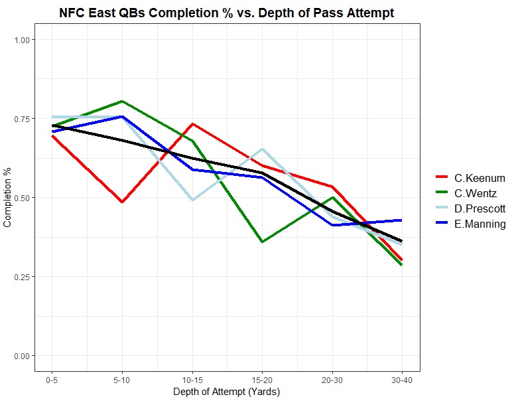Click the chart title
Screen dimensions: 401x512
tap(226, 13)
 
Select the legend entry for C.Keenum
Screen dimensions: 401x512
tap(480, 178)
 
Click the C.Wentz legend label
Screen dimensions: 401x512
tap(475, 193)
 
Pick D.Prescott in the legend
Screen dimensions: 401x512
tap(480, 208)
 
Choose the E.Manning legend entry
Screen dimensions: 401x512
tap(480, 224)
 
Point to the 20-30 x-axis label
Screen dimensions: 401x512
tap(332, 379)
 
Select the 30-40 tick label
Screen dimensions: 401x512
tap(402, 379)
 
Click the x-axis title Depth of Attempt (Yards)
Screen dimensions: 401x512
tap(227, 392)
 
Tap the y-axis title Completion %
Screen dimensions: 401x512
tap(8, 198)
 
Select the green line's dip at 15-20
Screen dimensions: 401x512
tap(262, 242)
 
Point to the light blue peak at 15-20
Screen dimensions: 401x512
tap(262, 149)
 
